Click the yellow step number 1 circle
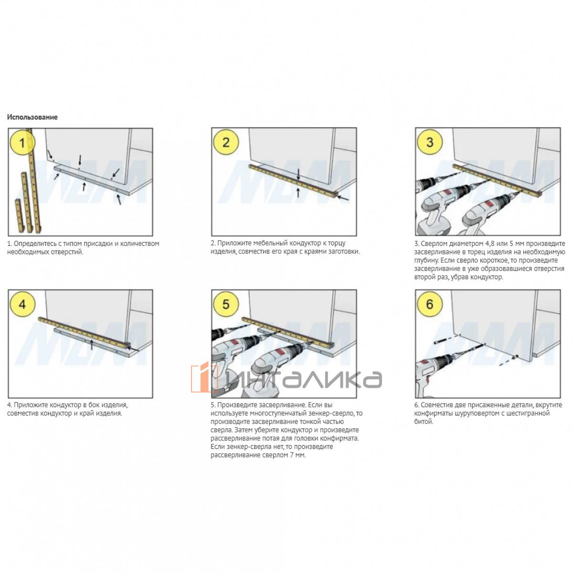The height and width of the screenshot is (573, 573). [x=22, y=142]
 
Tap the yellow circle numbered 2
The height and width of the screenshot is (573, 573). [x=226, y=142]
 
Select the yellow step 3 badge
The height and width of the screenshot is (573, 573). [x=430, y=142]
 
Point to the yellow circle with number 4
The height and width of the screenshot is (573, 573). [x=22, y=304]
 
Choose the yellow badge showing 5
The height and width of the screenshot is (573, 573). [x=226, y=304]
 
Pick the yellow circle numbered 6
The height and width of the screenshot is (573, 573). [x=430, y=304]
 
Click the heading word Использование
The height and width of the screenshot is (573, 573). [x=32, y=117]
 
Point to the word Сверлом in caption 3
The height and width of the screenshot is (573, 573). [x=433, y=244]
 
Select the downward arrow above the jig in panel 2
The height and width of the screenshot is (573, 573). [x=298, y=174]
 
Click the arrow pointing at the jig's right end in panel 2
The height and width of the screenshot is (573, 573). [x=344, y=198]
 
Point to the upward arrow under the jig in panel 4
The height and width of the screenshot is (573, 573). [x=92, y=345]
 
